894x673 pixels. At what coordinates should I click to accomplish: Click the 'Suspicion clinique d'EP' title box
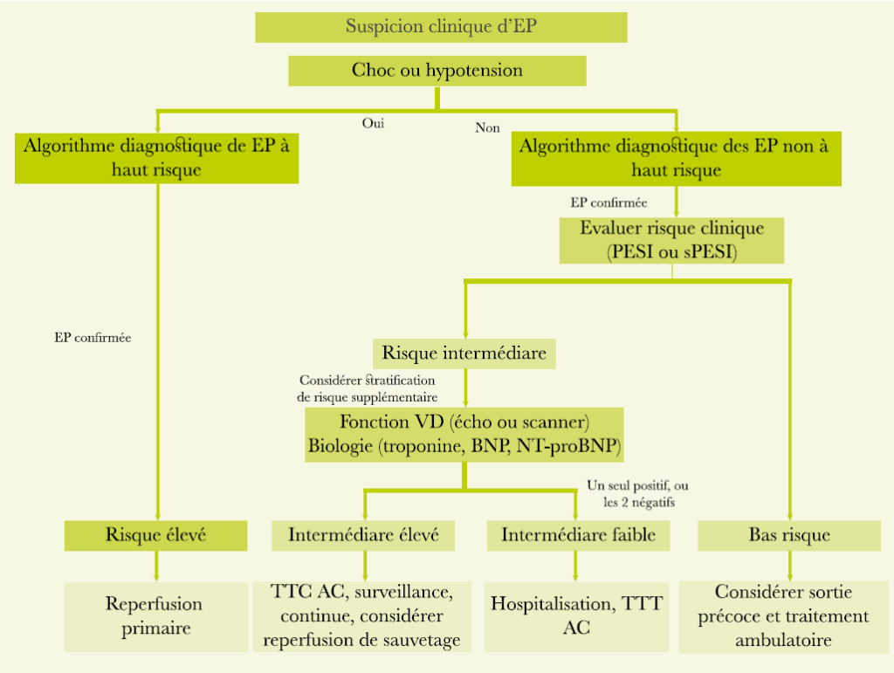point(441,26)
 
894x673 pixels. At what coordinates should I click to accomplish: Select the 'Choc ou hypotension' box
point(437,71)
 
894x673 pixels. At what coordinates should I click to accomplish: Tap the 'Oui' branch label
point(373,123)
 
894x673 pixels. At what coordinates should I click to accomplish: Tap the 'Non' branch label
point(487,127)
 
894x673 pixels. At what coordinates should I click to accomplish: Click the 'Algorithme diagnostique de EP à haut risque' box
point(156,158)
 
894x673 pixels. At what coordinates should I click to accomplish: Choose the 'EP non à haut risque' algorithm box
point(676,158)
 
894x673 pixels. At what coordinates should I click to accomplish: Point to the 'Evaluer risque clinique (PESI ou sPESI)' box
point(671,240)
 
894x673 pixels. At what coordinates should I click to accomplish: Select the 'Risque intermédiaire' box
point(464,354)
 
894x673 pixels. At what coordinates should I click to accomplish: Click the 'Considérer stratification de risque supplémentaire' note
point(368,388)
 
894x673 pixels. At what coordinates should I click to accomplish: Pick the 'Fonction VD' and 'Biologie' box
point(464,434)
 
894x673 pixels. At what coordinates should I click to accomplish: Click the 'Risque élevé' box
point(156,535)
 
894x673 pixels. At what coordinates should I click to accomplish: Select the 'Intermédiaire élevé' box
point(363,535)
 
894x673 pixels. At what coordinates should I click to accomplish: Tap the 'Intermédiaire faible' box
point(578,535)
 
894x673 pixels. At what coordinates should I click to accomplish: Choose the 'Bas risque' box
point(789,535)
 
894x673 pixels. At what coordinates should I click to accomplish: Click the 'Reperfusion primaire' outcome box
point(154,615)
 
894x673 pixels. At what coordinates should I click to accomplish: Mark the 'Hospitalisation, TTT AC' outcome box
point(577,615)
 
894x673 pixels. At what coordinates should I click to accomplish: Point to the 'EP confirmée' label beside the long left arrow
point(93,337)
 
